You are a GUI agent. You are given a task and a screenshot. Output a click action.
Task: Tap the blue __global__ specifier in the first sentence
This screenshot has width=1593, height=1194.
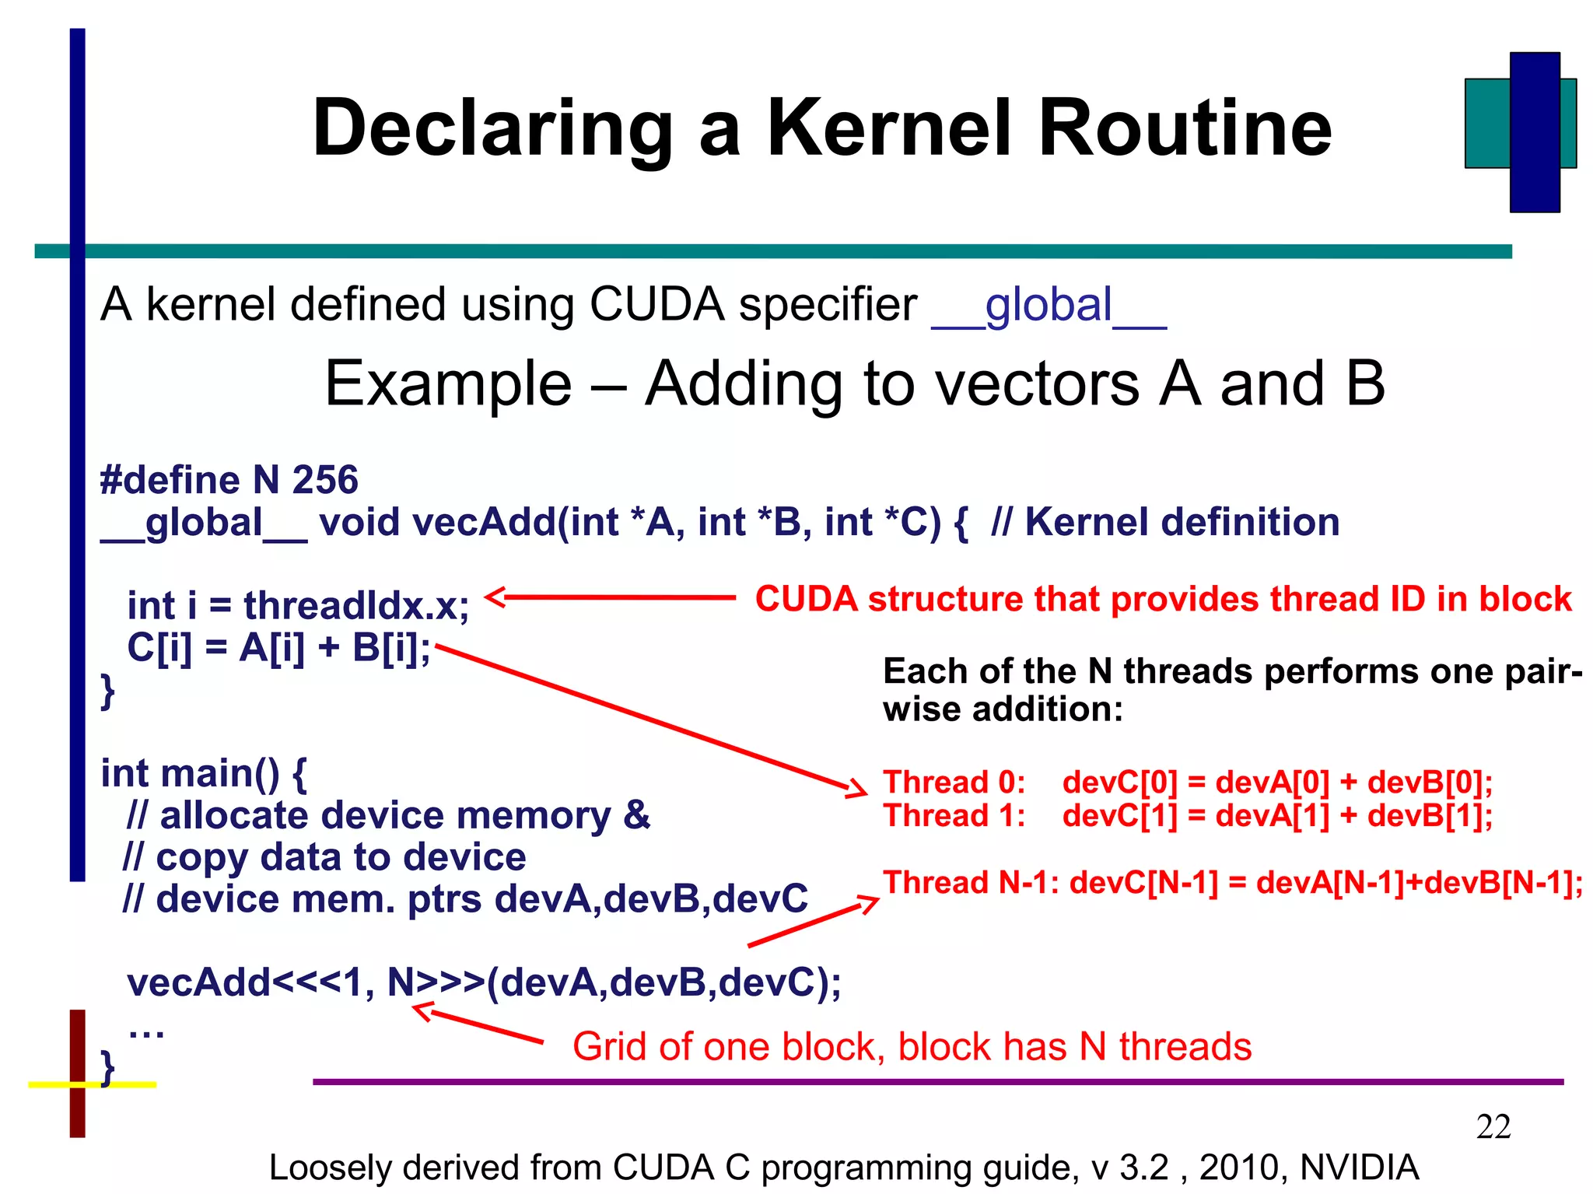(x=1049, y=305)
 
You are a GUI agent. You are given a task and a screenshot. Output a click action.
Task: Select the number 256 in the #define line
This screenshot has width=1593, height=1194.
(x=325, y=480)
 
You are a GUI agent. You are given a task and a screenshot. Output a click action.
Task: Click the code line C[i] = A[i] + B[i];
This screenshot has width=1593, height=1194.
(x=278, y=648)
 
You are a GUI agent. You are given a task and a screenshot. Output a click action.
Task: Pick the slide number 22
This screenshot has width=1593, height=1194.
(x=1493, y=1127)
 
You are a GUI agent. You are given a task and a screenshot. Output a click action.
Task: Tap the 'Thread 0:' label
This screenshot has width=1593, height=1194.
(x=954, y=783)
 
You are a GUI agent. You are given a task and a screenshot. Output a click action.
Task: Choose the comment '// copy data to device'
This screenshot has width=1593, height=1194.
(x=324, y=857)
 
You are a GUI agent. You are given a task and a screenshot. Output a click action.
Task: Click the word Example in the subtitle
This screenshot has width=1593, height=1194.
(x=448, y=384)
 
